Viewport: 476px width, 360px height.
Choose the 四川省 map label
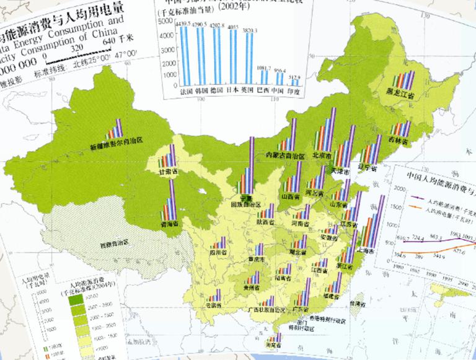218,253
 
